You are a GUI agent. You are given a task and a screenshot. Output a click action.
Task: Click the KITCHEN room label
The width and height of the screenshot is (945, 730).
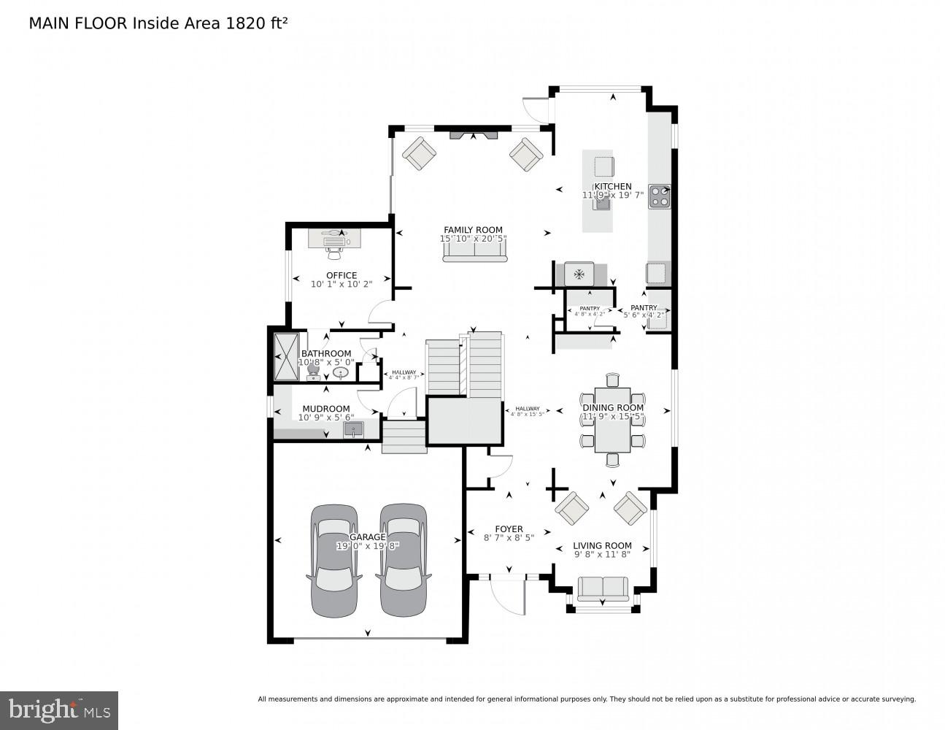pyautogui.click(x=612, y=186)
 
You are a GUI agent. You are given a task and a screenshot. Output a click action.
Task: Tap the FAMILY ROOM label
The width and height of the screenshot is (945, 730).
pyautogui.click(x=473, y=230)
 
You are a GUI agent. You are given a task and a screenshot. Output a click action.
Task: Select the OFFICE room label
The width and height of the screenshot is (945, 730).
pyautogui.click(x=342, y=275)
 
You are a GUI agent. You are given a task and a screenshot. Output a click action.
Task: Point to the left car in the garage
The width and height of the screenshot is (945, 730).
pyautogui.click(x=335, y=560)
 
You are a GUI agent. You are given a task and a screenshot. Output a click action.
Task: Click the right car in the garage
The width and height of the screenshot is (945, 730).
pyautogui.click(x=403, y=560)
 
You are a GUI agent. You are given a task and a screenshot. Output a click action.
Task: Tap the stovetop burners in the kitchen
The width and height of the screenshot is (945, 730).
pyautogui.click(x=660, y=195)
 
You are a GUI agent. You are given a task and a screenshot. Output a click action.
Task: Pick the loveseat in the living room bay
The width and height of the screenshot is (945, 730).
pyautogui.click(x=602, y=588)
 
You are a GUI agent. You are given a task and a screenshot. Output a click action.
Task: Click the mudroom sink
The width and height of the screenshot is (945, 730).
pyautogui.click(x=353, y=429)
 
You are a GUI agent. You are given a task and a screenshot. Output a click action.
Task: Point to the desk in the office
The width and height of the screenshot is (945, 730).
pyautogui.click(x=334, y=238)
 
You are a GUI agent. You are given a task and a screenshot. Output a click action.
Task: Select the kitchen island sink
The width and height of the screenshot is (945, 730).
pyautogui.click(x=602, y=204)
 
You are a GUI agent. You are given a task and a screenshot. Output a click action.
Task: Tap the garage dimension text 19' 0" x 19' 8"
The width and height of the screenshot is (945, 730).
pyautogui.click(x=368, y=546)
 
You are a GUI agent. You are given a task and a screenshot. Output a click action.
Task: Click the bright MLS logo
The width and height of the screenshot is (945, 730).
pyautogui.click(x=59, y=710)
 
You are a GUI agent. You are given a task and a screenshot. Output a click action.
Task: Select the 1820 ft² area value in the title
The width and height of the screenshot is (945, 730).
pyautogui.click(x=255, y=23)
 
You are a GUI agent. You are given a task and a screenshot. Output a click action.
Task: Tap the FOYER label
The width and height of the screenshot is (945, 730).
pyautogui.click(x=509, y=529)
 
